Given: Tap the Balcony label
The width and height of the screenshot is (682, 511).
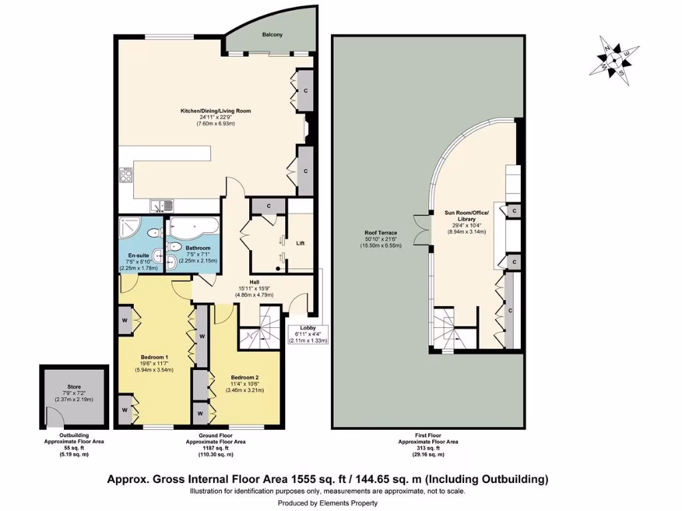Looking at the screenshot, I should point(272,35).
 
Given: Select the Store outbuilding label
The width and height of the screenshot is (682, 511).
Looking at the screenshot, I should point(73,385).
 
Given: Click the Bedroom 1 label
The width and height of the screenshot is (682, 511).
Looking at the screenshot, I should point(154,357).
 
